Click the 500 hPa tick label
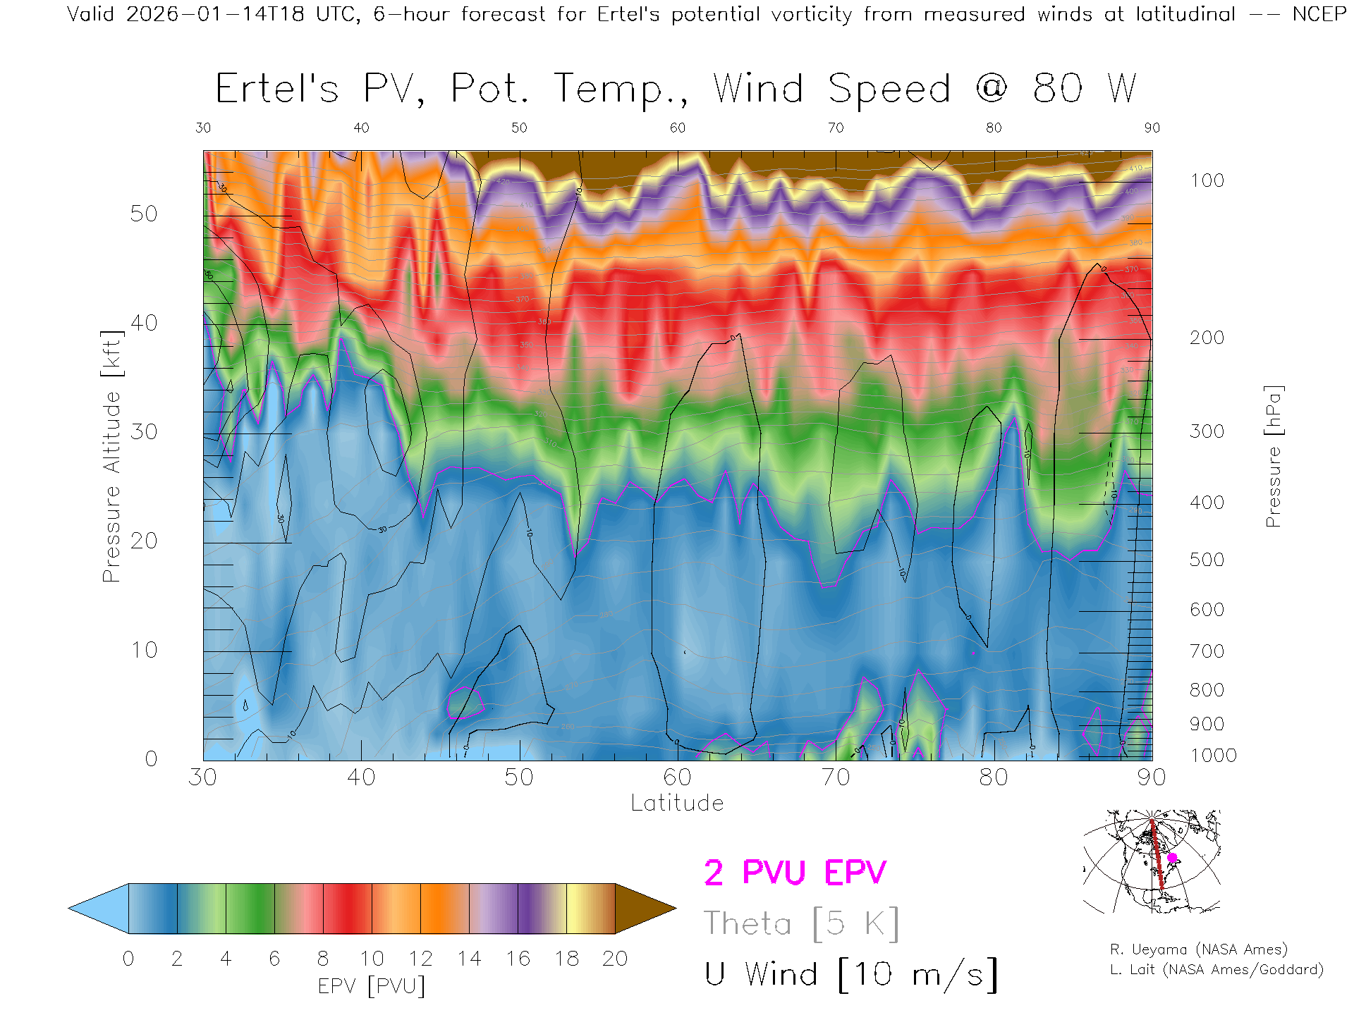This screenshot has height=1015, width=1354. click(1207, 560)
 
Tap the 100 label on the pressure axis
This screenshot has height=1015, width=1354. click(1207, 180)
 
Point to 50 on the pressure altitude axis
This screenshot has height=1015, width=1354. click(144, 214)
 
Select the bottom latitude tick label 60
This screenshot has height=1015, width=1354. click(677, 777)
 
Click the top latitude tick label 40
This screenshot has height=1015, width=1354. click(361, 128)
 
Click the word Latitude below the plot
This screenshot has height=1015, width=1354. click(677, 803)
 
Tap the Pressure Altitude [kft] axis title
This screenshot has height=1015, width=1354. click(111, 456)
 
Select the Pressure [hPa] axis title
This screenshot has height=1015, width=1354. click(1273, 456)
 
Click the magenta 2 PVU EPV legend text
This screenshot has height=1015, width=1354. click(795, 873)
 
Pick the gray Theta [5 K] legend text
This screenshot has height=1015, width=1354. click(801, 923)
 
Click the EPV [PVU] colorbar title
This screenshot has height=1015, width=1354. click(372, 986)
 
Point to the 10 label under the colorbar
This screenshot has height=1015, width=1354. click(372, 959)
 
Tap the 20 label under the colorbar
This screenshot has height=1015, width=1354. click(615, 959)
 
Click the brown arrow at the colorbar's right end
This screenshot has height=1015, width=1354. click(643, 909)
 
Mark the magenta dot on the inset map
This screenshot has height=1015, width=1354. click(1172, 858)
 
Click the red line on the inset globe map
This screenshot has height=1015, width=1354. click(1156, 853)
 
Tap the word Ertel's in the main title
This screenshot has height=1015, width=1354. click(276, 90)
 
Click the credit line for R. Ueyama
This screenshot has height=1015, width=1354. click(1198, 949)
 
